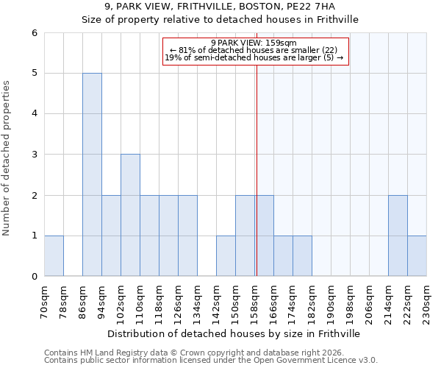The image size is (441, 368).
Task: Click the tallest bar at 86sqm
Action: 92,174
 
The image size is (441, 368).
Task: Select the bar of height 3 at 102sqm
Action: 130,215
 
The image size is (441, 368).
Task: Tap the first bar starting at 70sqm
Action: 54,255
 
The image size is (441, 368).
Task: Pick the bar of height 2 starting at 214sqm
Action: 398,236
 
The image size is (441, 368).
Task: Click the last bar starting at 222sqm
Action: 417,255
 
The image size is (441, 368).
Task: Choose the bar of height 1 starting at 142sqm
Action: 226,255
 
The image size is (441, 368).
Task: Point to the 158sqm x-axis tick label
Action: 255,302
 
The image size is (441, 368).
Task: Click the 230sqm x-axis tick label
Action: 427,302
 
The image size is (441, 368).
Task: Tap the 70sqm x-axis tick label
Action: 45,302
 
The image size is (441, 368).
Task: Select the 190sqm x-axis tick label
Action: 331,302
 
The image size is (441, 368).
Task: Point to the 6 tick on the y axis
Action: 35,33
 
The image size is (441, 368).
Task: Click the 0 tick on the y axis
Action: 35,276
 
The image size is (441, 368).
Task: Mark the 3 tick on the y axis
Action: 35,155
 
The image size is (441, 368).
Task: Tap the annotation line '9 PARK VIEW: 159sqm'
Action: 253,43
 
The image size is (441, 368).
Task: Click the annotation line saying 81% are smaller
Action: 253,50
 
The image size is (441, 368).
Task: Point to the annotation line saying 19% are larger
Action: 254,57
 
